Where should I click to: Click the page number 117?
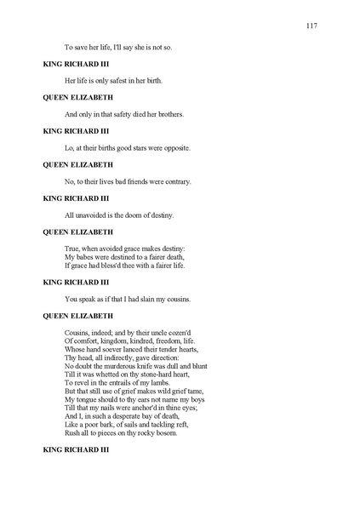pos(311,26)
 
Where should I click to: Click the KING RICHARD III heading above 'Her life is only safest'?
pos(76,64)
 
